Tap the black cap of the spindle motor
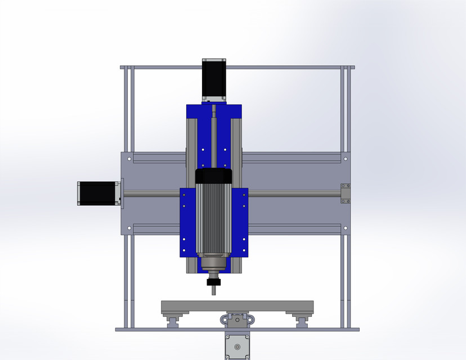click(213, 175)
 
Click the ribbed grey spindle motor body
click(213, 219)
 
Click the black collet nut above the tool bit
click(213, 282)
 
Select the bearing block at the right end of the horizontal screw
click(345, 193)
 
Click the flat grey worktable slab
click(236, 307)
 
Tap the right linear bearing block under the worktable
click(303, 319)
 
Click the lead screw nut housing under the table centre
click(236, 320)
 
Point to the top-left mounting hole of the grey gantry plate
click(130, 159)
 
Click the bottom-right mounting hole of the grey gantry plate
click(344, 228)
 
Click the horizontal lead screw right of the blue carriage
click(293, 194)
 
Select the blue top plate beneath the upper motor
click(214, 110)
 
